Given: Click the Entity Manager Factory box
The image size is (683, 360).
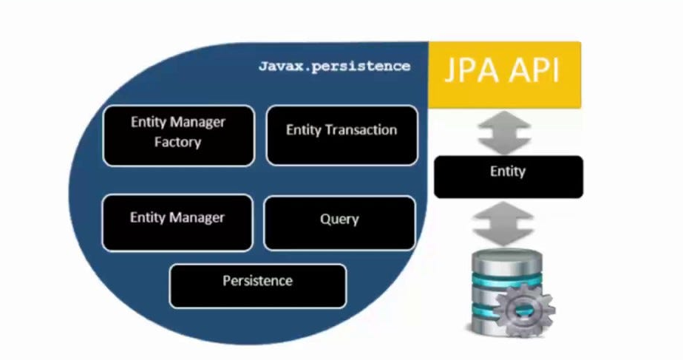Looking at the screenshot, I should [178, 135].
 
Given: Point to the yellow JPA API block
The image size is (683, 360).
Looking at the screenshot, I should [505, 75].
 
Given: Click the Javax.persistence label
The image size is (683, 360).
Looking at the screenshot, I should [333, 66].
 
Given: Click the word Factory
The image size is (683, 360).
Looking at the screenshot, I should [177, 142].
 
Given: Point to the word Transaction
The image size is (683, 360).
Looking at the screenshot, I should [362, 130].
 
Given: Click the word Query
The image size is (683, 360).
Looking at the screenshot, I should [339, 219].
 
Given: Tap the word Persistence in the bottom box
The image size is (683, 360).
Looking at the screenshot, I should [257, 281].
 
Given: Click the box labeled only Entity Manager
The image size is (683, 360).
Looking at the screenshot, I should [177, 223].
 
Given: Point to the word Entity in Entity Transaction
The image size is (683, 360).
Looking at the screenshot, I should [303, 130].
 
